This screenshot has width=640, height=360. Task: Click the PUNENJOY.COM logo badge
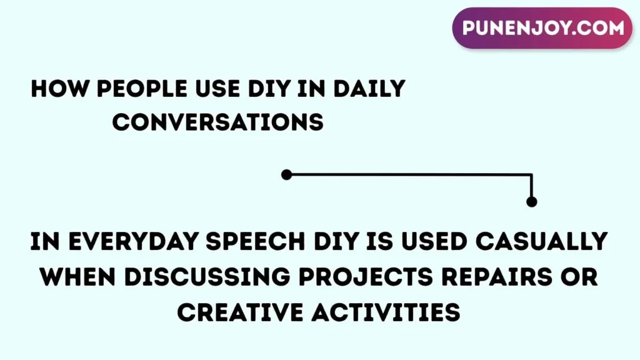pyautogui.click(x=542, y=28)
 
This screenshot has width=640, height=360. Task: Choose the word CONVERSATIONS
pyautogui.click(x=217, y=122)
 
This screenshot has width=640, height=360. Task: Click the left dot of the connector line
pyautogui.click(x=286, y=175)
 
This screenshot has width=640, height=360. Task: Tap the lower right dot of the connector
pyautogui.click(x=531, y=201)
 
